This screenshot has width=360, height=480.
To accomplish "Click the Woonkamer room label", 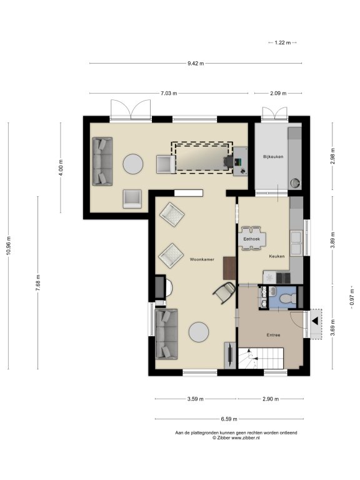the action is pos(202,259).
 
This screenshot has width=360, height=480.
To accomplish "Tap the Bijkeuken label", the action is pos(273,157).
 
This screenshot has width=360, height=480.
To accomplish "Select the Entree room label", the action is pos(273,335).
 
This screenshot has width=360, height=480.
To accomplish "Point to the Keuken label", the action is pos(277,256).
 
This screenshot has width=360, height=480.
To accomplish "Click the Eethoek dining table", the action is pos(252,239).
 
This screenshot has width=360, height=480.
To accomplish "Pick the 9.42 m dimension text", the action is pos(196,64).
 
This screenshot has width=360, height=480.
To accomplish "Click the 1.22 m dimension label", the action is pos(282,43).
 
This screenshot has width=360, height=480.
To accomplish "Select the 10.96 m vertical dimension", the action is pos(9,245).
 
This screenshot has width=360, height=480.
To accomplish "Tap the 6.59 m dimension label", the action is pos(229,419).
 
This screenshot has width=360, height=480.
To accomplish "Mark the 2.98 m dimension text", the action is pos(332,156).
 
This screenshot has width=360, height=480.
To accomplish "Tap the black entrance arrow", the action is pos(315,322).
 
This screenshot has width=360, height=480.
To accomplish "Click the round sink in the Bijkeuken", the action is pos(295,183).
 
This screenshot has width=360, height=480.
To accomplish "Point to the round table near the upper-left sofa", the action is pos(133,164).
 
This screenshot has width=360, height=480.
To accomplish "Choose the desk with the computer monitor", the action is pos(240,161).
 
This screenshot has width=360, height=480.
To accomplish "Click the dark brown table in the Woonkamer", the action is pos(229,268).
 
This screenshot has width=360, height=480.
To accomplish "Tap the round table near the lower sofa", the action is pos(199,332).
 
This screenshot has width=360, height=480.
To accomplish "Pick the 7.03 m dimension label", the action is pos(169,93).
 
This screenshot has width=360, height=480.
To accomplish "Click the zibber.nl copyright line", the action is pos(236,437).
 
